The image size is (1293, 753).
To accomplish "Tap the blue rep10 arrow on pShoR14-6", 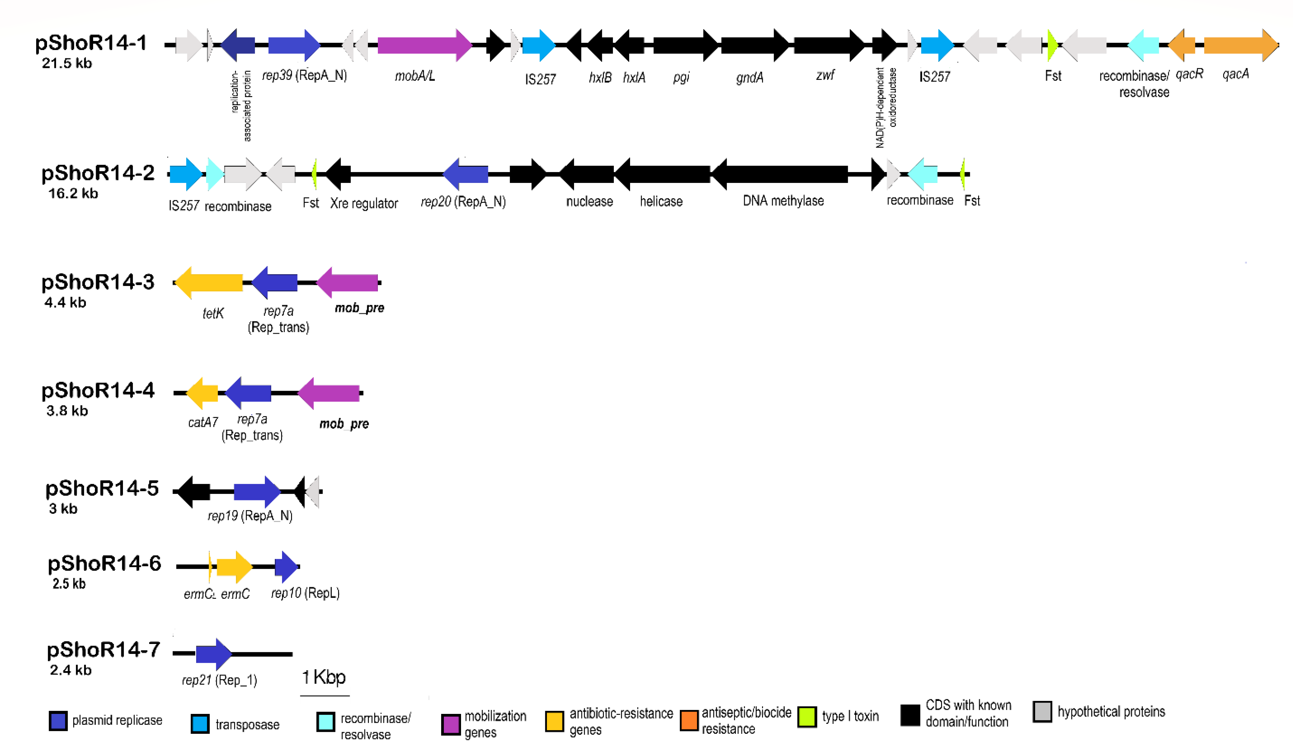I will (285, 567).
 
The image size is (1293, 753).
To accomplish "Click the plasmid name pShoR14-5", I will (102, 488).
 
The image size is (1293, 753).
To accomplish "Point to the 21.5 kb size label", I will (67, 63).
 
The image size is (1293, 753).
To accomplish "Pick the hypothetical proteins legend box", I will (1041, 712).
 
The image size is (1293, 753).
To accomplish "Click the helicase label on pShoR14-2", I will (661, 202).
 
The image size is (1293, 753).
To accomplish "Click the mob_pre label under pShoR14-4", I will (344, 424).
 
